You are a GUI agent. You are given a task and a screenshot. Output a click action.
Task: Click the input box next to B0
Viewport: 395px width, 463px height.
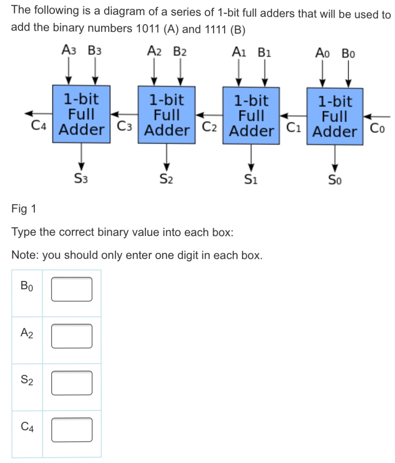click(72, 289)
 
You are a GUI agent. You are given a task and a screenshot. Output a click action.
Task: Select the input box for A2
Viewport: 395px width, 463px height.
click(72, 336)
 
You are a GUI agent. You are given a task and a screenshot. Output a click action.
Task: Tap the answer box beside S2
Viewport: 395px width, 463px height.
click(72, 383)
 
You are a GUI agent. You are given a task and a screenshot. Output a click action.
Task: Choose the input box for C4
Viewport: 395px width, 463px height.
click(72, 429)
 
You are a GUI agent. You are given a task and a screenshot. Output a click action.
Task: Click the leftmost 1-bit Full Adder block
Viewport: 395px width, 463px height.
click(81, 114)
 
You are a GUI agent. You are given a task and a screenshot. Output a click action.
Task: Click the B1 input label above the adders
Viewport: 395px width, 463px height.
click(264, 53)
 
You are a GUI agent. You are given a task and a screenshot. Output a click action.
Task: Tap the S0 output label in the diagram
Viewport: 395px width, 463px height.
click(335, 179)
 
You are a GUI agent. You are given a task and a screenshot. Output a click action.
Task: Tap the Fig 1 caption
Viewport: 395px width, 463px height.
click(24, 209)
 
